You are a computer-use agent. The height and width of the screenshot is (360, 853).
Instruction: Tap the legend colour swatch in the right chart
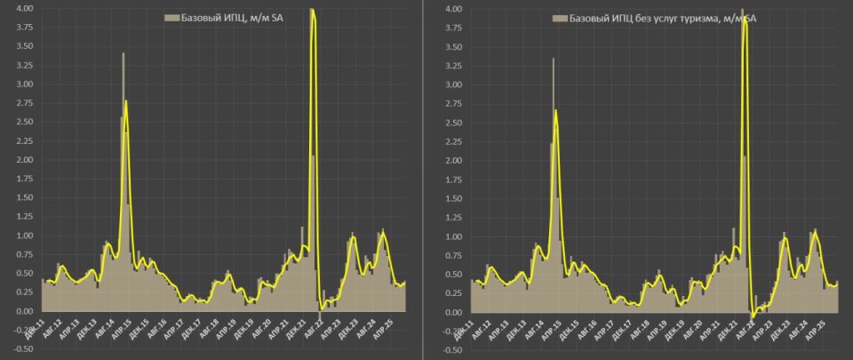pyautogui.click(x=558, y=18)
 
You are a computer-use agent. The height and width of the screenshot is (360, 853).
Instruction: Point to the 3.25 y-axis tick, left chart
pyautogui.click(x=24, y=66)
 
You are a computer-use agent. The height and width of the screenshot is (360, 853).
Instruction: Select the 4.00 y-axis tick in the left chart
pyautogui.click(x=24, y=9)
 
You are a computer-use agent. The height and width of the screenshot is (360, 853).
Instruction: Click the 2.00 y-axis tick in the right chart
pyautogui.click(x=453, y=161)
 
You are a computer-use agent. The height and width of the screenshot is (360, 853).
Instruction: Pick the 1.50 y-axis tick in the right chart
pyautogui.click(x=453, y=199)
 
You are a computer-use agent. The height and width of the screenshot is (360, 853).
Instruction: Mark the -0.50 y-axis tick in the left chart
pyautogui.click(x=22, y=349)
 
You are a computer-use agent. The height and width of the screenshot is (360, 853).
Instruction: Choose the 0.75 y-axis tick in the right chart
pyautogui.click(x=453, y=256)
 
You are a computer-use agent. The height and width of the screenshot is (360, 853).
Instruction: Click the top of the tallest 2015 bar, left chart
pyautogui.click(x=124, y=53)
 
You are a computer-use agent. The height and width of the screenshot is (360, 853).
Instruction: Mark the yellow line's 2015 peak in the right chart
pyautogui.click(x=556, y=109)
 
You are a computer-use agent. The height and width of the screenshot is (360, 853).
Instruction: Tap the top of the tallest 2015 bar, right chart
pyautogui.click(x=553, y=59)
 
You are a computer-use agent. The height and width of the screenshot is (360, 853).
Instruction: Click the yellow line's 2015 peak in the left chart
pyautogui.click(x=126, y=100)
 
